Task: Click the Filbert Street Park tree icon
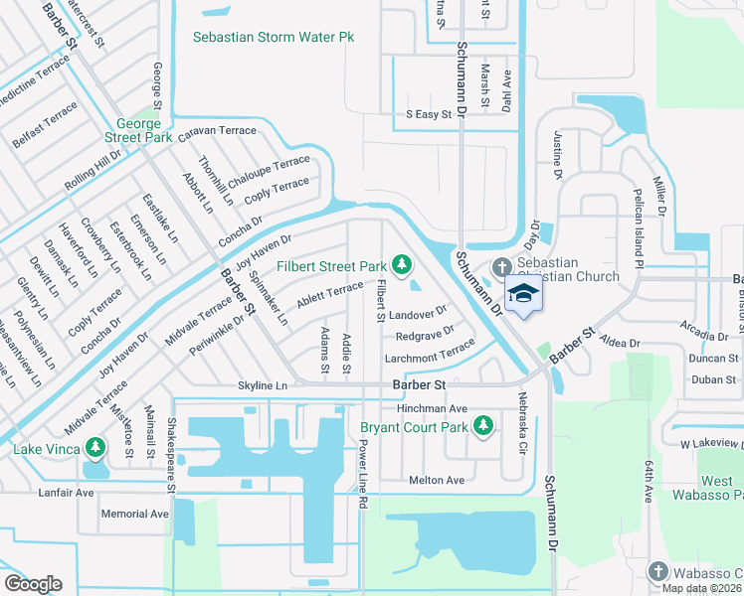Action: [402, 264]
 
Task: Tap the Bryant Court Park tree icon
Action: [483, 426]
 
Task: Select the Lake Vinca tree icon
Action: [95, 448]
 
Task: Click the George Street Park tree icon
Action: [154, 118]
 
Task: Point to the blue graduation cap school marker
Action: [524, 293]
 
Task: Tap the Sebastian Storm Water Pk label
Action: [274, 37]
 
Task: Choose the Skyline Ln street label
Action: [263, 385]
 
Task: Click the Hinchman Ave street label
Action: [432, 408]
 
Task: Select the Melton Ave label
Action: [437, 480]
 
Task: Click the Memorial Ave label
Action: [134, 514]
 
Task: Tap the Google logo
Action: [33, 584]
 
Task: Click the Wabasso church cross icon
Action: [656, 571]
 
